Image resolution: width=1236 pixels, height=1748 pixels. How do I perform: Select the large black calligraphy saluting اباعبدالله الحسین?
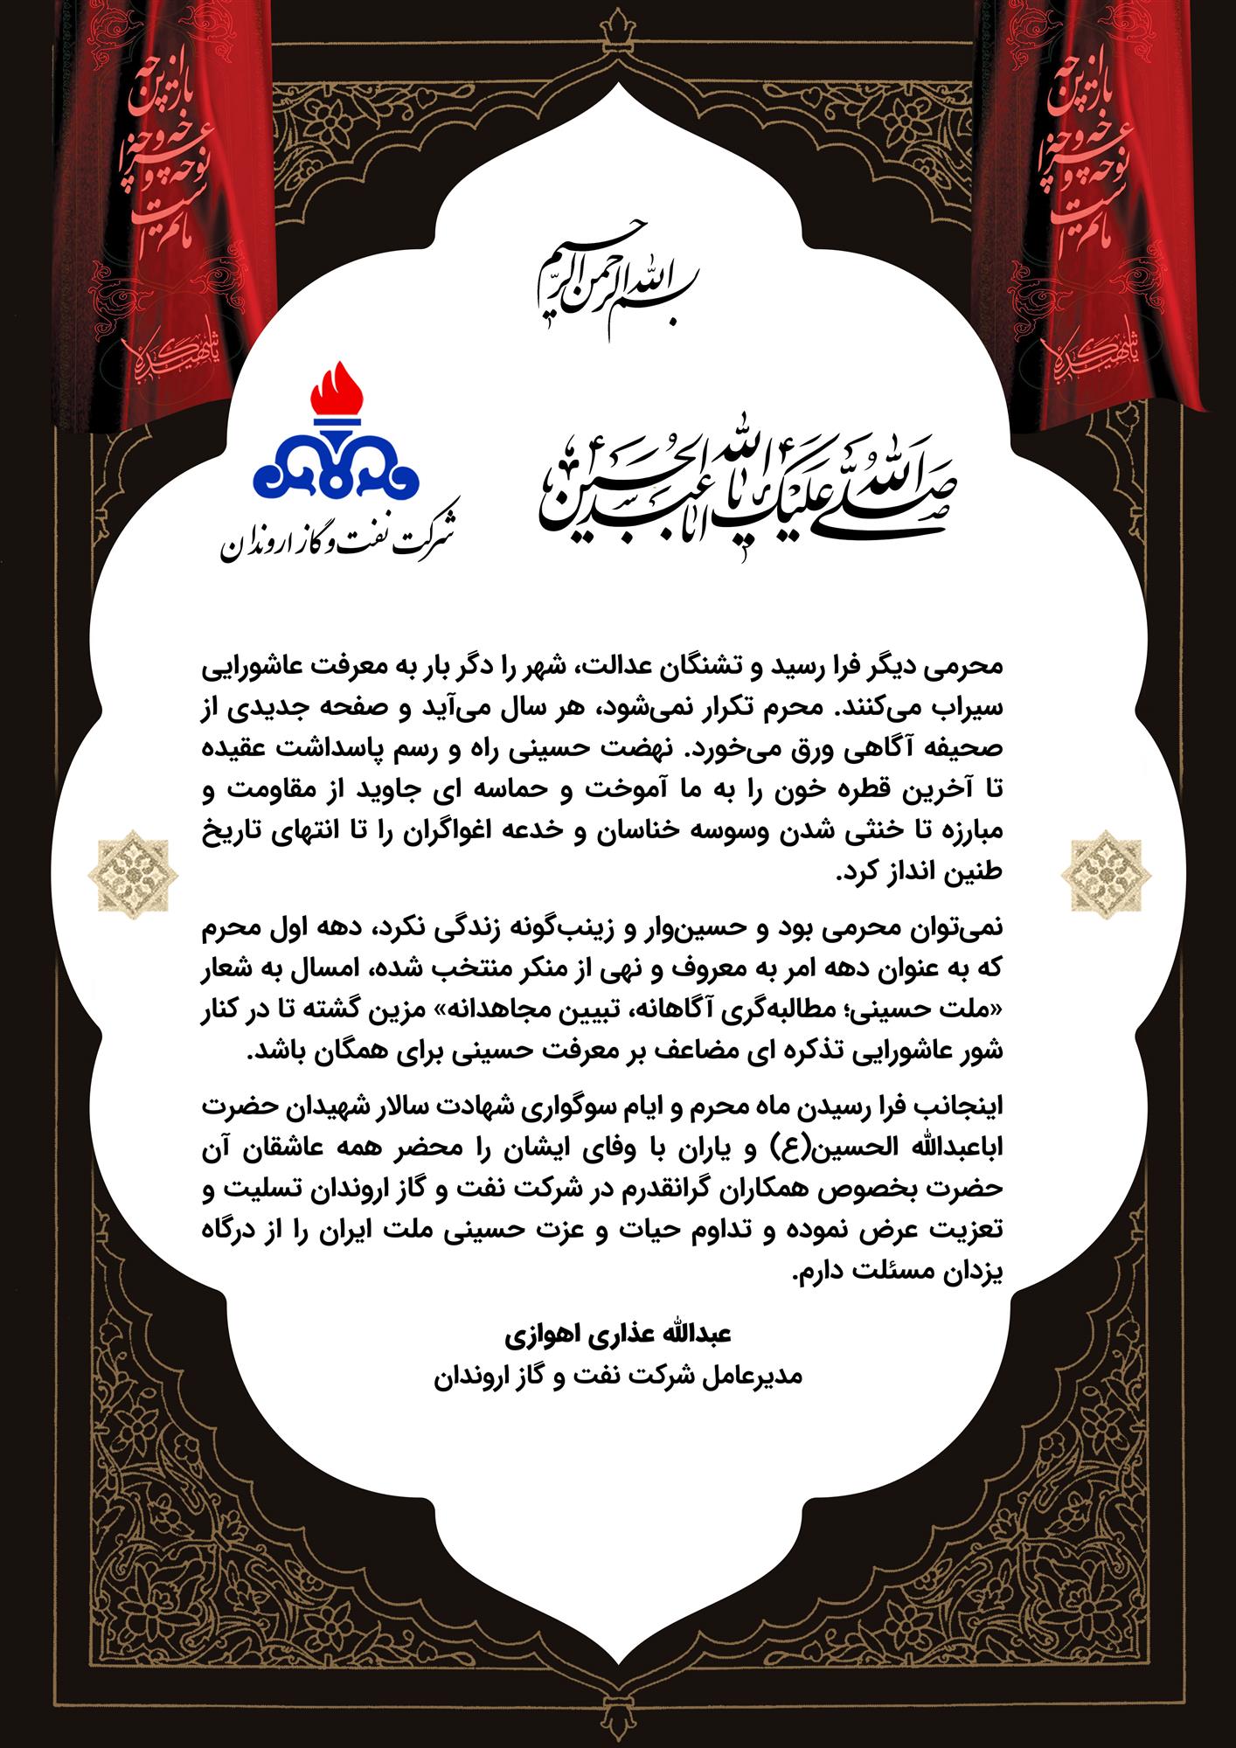(748, 479)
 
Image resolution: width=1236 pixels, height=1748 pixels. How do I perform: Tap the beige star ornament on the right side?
(1106, 871)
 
